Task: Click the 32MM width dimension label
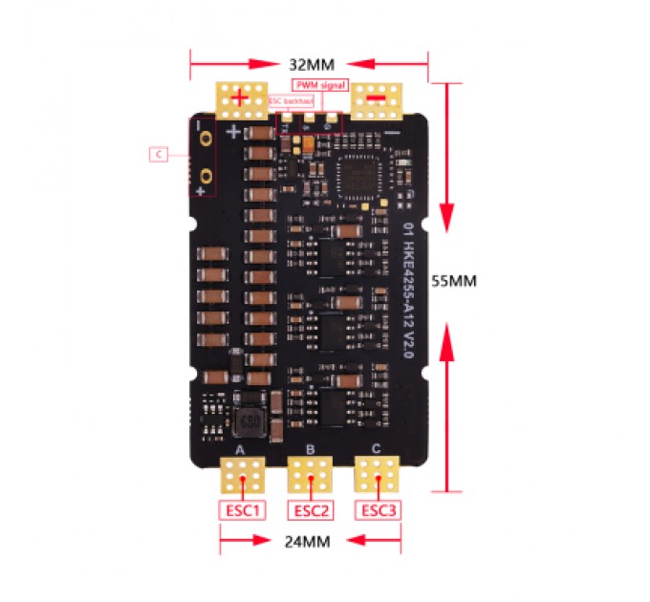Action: (310, 65)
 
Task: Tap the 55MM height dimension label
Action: (474, 282)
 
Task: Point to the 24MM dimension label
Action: (310, 541)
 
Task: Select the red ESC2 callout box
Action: (311, 510)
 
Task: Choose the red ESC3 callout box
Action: (378, 510)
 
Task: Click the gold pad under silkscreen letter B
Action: (311, 475)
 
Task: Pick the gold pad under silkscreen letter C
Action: (378, 475)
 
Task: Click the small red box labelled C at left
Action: (159, 153)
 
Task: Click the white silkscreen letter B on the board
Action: (310, 448)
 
